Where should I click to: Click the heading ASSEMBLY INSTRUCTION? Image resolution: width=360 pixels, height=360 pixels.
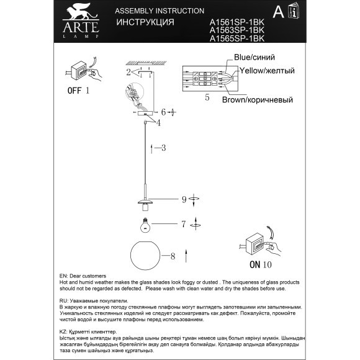pos(160,11)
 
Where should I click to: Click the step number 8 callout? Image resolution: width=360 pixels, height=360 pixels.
pos(173,255)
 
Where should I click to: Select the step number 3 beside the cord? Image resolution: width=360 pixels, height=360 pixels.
pos(163,148)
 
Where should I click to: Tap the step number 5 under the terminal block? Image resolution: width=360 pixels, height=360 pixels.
pos(207,97)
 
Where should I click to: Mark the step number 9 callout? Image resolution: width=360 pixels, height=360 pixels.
pos(184,199)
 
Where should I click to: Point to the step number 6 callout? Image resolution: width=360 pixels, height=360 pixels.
pos(163,112)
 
